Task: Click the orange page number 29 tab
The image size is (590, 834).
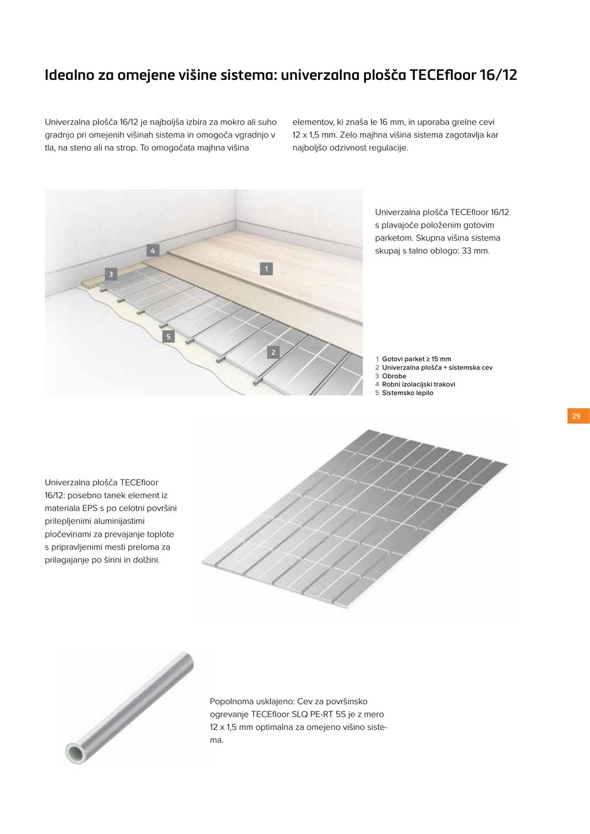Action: coord(577,416)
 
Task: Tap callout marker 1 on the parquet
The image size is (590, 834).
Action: coord(266,269)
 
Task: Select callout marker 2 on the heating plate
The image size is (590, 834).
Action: coord(274,352)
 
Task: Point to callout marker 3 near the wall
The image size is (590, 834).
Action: coord(111,274)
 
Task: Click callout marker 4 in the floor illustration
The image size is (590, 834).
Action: coord(153,251)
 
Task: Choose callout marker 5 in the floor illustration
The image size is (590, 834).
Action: coord(169,337)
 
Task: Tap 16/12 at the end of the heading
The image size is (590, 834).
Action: coord(499,76)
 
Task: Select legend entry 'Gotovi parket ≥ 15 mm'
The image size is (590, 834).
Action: coord(416,359)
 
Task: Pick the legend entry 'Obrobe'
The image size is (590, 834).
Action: coord(394,376)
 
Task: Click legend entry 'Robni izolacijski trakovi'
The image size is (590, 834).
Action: coord(418,384)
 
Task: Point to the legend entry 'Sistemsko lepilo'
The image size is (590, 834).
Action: coord(408,393)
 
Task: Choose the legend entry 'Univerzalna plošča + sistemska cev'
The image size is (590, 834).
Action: coord(437,368)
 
